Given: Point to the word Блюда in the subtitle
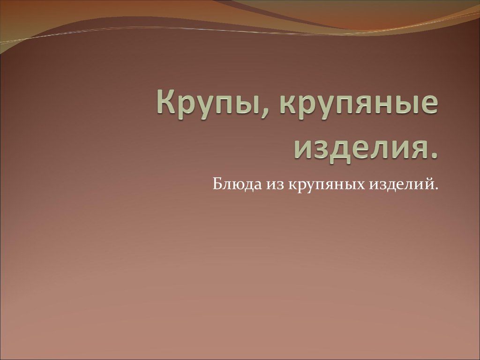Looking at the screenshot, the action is point(237,184).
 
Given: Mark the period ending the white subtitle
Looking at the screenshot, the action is point(436,188).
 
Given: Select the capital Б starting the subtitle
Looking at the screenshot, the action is point(217,184).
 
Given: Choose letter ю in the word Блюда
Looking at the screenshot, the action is point(240,186).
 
